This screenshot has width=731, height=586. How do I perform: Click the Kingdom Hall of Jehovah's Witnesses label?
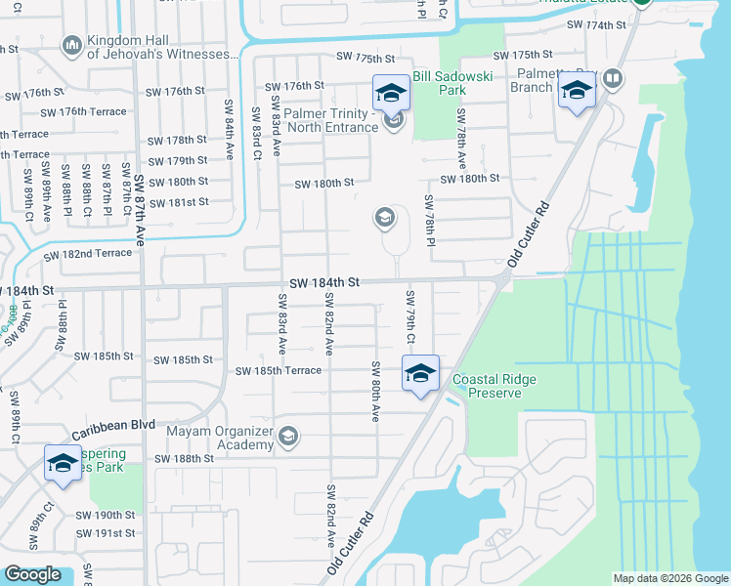[x=160, y=46]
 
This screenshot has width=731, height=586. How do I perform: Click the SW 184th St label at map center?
[x=324, y=281]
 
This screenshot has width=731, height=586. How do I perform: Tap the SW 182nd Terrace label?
[x=87, y=254]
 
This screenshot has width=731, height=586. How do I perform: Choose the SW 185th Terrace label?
[x=278, y=371]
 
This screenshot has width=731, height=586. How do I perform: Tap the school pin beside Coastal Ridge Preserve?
[x=420, y=374]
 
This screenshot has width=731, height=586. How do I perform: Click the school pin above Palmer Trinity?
[x=391, y=94]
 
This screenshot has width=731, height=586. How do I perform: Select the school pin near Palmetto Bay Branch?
[x=577, y=93]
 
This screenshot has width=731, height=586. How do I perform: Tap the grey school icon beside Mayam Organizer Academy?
[x=288, y=436]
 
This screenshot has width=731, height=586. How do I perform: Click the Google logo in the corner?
[x=32, y=574]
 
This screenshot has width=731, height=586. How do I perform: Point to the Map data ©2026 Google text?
[x=670, y=578]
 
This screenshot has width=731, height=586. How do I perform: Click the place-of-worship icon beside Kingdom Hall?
[x=71, y=46]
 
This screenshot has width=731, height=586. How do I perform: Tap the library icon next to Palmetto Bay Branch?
[x=613, y=78]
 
